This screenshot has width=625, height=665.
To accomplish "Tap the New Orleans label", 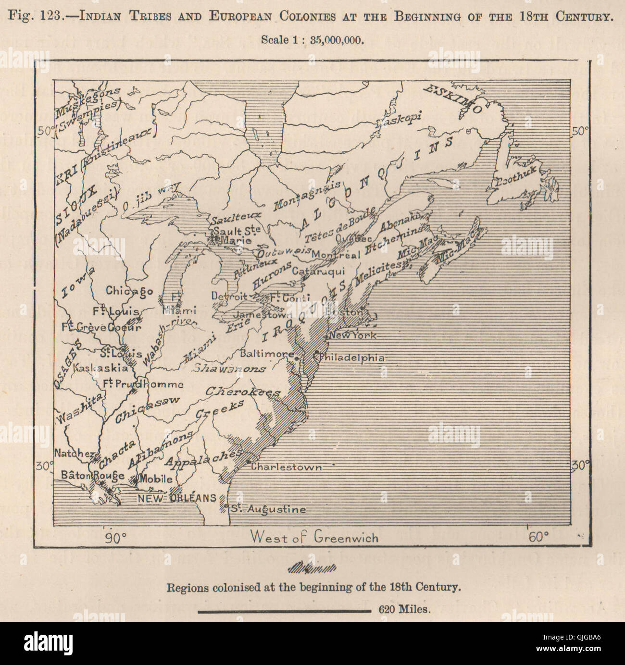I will click(177, 498).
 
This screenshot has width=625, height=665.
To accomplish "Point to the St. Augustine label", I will click(268, 509).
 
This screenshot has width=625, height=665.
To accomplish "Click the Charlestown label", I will click(286, 467).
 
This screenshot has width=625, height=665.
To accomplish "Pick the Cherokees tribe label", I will click(243, 392).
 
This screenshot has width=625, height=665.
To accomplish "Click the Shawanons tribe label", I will click(229, 369).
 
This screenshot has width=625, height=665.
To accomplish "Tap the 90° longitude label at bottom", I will click(115, 537).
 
